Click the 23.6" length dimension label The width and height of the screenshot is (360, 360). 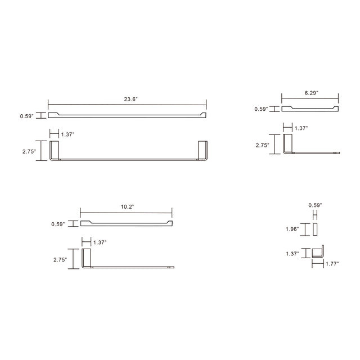point(131,98)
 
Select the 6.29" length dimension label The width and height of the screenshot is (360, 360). point(310,91)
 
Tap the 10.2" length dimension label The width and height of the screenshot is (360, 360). point(127,207)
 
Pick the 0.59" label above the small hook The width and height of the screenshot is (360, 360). point(315,205)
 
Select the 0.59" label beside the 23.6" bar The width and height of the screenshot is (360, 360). point(26,116)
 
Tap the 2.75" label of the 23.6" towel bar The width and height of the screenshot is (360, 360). point(28,151)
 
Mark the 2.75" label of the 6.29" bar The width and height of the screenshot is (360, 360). point(262,145)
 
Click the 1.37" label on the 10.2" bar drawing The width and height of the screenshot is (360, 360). point(100,242)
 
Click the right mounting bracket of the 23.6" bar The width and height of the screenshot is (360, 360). point(202,150)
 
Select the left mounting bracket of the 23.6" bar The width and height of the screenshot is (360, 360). point(55,150)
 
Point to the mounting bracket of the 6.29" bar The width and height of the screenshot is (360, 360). point(287,143)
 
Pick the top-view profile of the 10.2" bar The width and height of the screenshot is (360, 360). point(127,224)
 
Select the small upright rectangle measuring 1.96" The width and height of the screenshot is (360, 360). point(316,229)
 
